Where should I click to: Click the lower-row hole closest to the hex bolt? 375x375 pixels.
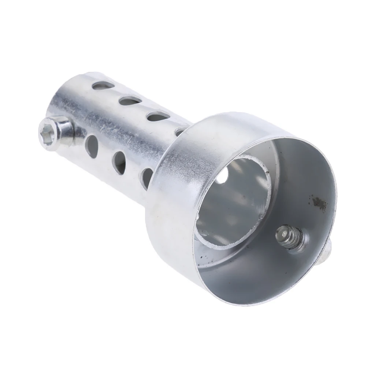pyautogui.click(x=92, y=146)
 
